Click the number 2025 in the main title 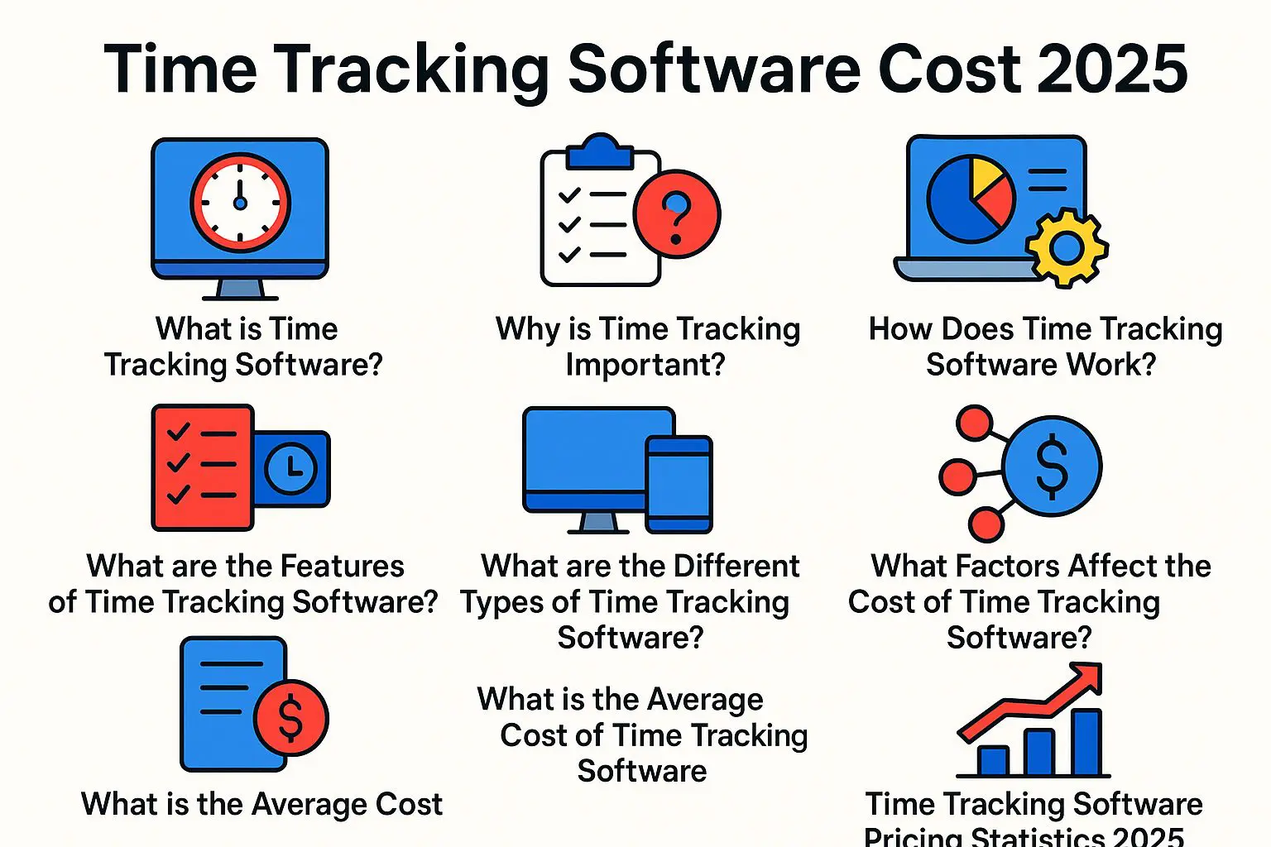(x=1112, y=69)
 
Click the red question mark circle (x=676, y=214)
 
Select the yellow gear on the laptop (x=1067, y=248)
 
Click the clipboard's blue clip (x=600, y=151)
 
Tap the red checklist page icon (x=202, y=467)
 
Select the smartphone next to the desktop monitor (x=679, y=485)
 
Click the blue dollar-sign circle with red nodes (x=1052, y=467)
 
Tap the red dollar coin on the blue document (x=290, y=718)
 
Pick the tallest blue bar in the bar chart (x=1086, y=742)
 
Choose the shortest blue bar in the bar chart (x=993, y=761)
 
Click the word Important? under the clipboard (x=645, y=364)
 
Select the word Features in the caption (x=342, y=566)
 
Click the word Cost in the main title (x=950, y=69)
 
